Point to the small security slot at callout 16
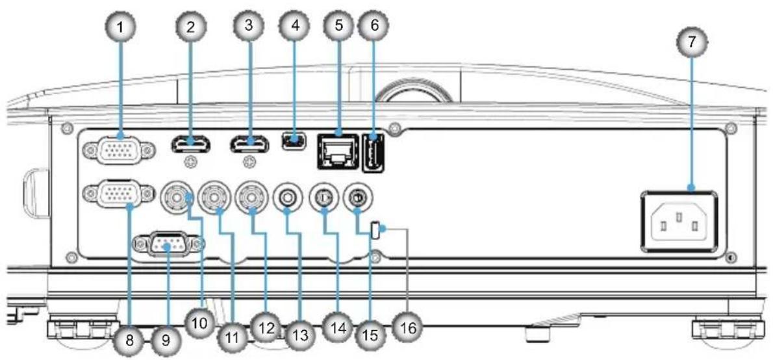[x=376, y=230]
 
